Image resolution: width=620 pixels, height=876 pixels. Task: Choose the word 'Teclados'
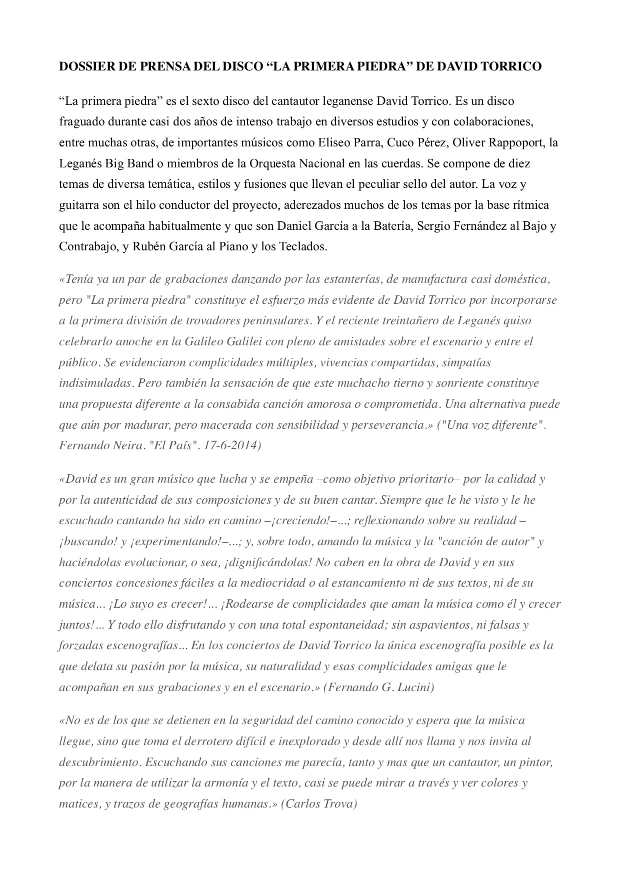click(303, 247)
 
